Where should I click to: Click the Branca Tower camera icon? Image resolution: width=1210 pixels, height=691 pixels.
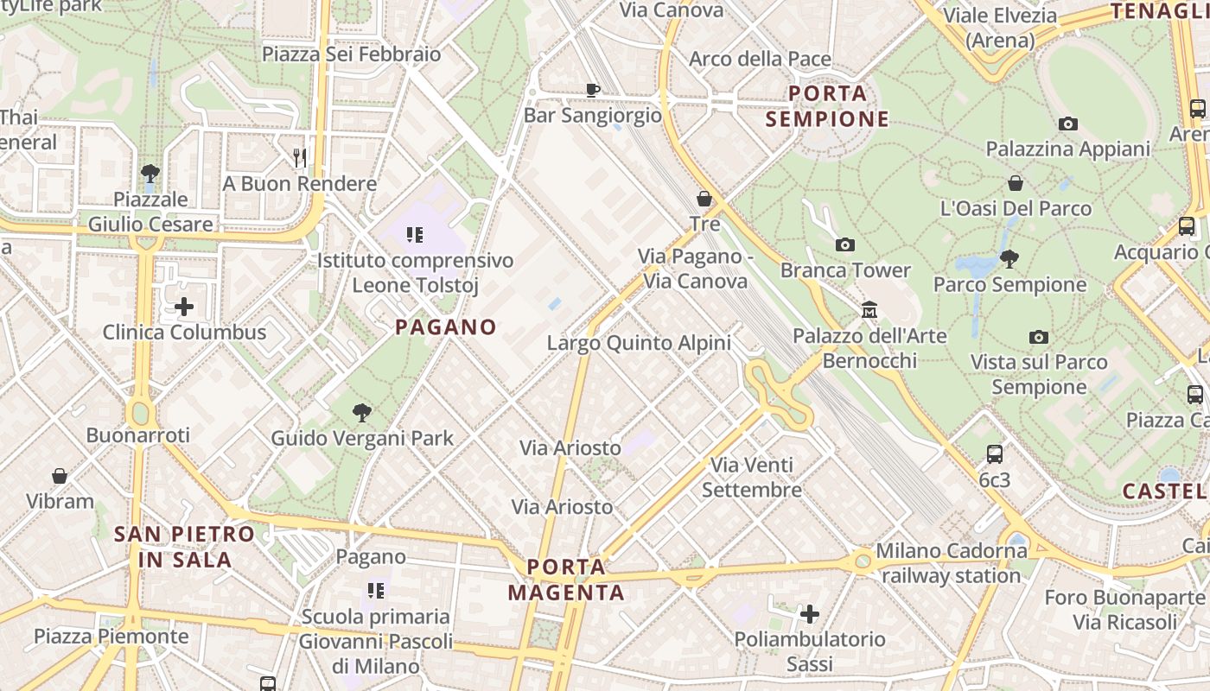(845, 245)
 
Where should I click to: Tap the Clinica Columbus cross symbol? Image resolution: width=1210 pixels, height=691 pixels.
(183, 307)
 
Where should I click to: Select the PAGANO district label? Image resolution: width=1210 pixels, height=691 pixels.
(446, 326)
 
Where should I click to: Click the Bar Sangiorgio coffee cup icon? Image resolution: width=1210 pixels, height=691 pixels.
(592, 89)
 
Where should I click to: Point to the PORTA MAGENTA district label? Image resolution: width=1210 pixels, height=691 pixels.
(566, 580)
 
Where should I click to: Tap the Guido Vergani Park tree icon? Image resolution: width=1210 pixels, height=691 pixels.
(361, 413)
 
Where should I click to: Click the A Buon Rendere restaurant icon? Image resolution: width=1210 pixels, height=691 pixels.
(300, 157)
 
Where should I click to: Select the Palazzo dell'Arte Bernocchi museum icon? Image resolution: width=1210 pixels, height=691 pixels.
(869, 309)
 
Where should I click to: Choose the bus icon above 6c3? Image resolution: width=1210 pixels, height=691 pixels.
(995, 453)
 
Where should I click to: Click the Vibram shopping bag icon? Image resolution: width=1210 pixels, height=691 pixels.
(60, 476)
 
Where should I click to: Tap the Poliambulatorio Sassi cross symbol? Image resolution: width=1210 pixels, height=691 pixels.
(810, 614)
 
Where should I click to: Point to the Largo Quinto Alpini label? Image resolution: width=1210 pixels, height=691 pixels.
(639, 343)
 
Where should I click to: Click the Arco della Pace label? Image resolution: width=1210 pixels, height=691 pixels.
(760, 59)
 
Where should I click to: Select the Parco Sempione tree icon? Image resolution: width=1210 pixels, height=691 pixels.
(1009, 258)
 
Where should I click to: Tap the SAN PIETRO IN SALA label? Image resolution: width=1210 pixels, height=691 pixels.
(184, 546)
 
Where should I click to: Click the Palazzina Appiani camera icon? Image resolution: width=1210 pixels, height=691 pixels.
(1068, 124)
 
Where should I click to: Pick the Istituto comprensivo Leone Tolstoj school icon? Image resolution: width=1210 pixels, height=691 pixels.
(415, 234)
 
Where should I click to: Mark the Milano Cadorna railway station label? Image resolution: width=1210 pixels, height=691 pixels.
(952, 562)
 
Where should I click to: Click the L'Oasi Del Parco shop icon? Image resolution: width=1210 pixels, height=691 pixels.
(1016, 183)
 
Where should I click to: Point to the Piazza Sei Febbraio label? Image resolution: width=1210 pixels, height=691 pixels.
(351, 54)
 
